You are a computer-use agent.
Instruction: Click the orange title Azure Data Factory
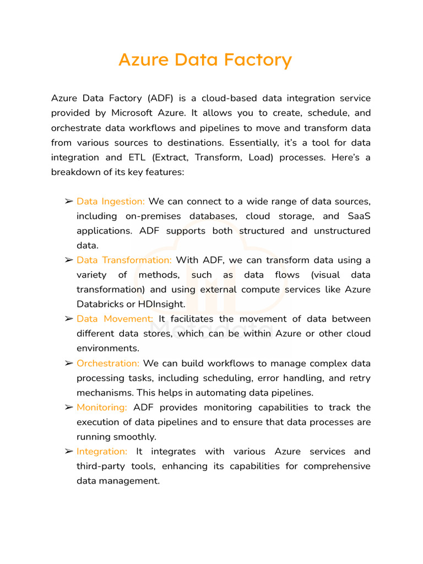pyautogui.click(x=205, y=60)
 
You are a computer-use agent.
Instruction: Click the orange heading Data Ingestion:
pyautogui.click(x=110, y=202)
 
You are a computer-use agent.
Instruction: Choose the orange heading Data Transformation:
pyautogui.click(x=124, y=260)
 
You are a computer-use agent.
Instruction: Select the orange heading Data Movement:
pyautogui.click(x=115, y=319)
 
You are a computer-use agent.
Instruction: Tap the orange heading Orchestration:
pyautogui.click(x=108, y=364)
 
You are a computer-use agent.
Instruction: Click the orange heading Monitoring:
pyautogui.click(x=102, y=408)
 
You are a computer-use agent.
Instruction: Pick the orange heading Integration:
pyautogui.click(x=102, y=452)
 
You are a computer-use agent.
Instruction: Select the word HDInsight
pyautogui.click(x=166, y=304)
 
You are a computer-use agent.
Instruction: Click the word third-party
pyautogui.click(x=100, y=466)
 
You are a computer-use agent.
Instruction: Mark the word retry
pyautogui.click(x=360, y=378)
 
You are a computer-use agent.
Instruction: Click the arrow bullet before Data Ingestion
pyautogui.click(x=69, y=202)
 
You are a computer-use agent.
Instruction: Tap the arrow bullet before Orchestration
pyautogui.click(x=69, y=364)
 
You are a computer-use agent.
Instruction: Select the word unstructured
pyautogui.click(x=342, y=231)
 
